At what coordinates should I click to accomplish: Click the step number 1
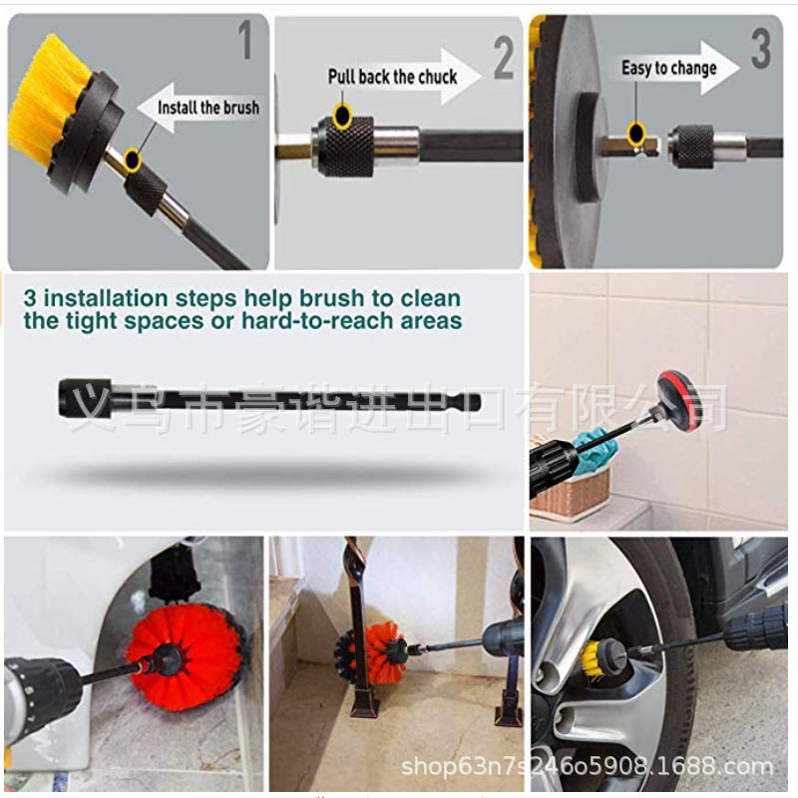tap(244, 43)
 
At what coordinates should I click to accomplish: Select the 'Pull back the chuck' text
tap(392, 76)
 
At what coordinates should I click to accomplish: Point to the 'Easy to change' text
tap(668, 68)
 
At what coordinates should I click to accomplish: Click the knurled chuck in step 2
tap(342, 144)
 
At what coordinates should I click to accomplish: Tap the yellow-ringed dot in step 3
tap(636, 130)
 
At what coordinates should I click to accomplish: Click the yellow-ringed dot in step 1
tap(134, 156)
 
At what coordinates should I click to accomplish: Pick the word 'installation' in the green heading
tap(125, 297)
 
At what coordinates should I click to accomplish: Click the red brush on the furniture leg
tap(379, 652)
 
